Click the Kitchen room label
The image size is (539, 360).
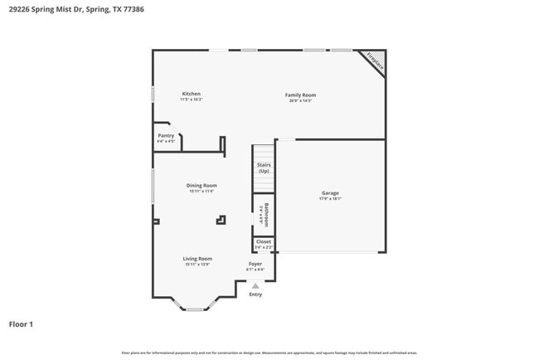[191, 94]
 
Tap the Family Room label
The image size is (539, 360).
[300, 95]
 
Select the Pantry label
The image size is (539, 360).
[166, 135]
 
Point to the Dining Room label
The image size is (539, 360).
[201, 185]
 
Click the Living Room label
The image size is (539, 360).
[197, 258]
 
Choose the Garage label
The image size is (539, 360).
[330, 193]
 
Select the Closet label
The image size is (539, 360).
[263, 241]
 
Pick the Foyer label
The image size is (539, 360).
[255, 263]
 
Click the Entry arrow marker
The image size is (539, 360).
[255, 286]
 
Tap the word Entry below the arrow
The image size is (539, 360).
[255, 294]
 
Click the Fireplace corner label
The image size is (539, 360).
[375, 62]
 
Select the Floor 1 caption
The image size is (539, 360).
[21, 324]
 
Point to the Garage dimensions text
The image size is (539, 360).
[330, 199]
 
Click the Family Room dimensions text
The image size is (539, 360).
[300, 100]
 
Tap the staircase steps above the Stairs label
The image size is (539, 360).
[264, 153]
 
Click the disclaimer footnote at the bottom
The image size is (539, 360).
[269, 353]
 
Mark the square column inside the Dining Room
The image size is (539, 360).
[221, 220]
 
